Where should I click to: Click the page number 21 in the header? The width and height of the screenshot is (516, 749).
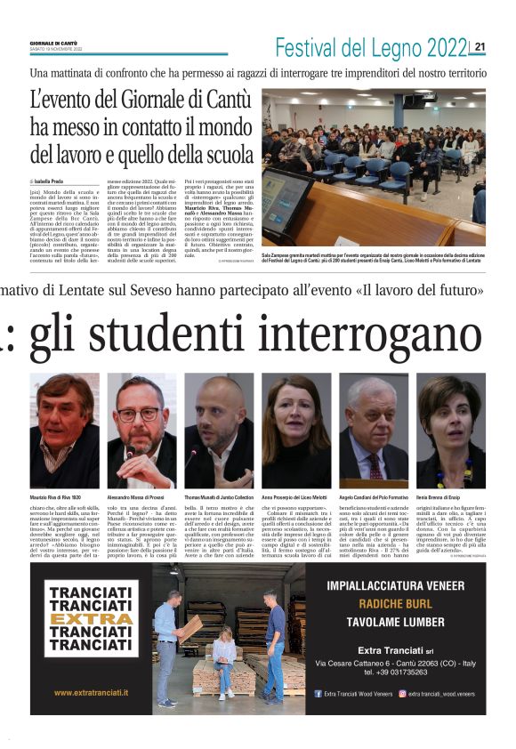pos(480,46)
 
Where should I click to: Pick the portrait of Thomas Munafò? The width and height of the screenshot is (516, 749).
pos(218,431)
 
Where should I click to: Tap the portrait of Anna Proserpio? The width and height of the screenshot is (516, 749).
pos(294,431)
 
